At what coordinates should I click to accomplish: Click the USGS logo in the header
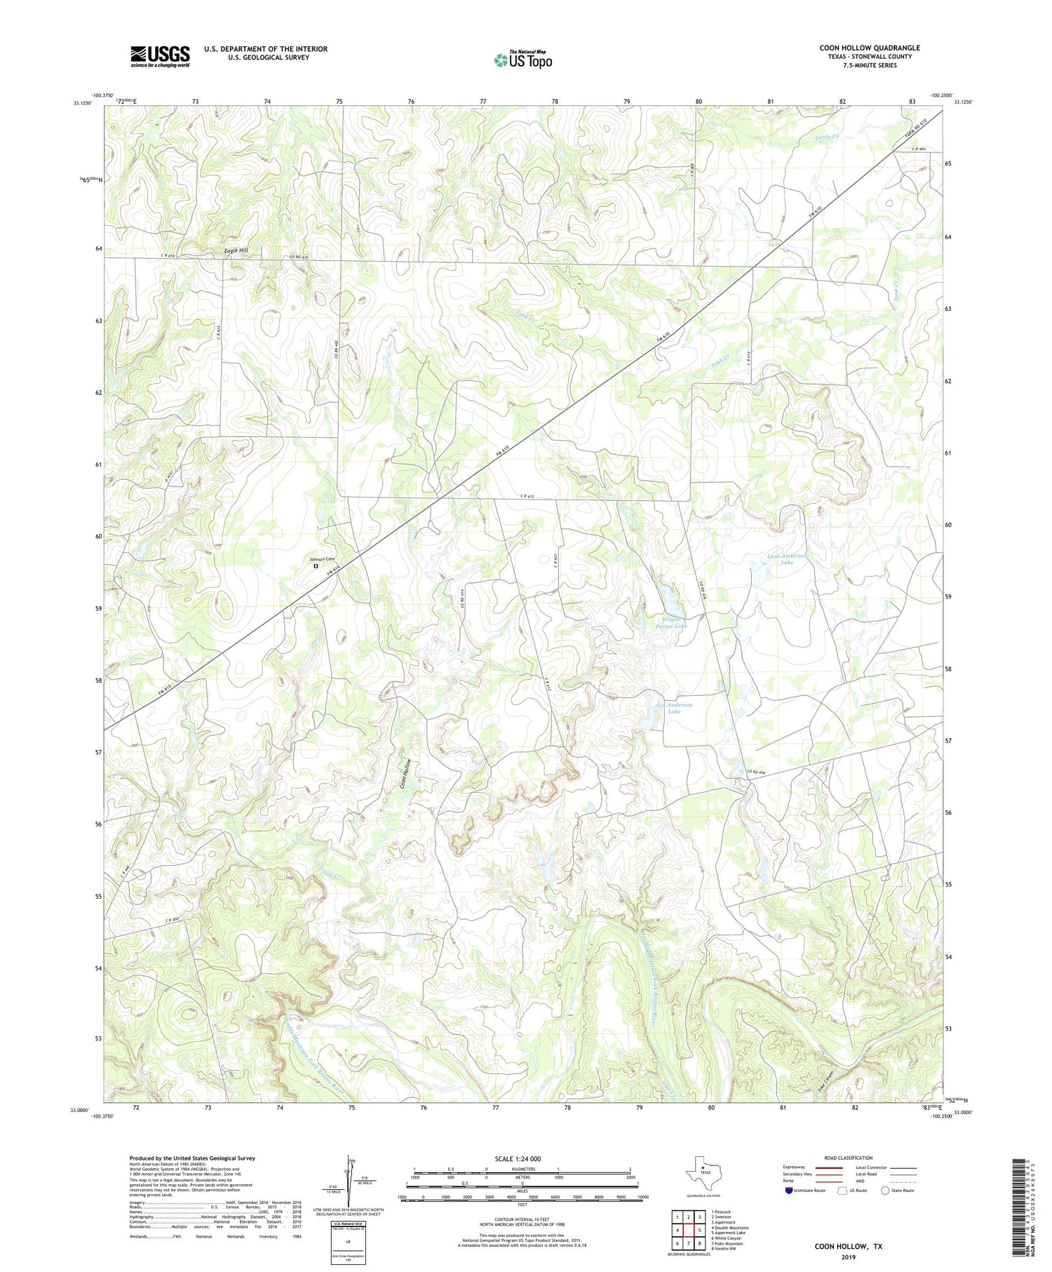(160, 56)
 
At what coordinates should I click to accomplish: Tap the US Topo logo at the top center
(523, 60)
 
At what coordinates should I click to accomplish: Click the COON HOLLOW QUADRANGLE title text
(869, 48)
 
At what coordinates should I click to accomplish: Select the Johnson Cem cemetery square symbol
(316, 565)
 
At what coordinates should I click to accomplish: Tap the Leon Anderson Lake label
(787, 558)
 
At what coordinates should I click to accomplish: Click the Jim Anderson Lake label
(674, 708)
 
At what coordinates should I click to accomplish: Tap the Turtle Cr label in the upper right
(827, 138)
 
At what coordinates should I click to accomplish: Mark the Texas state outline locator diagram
(701, 1170)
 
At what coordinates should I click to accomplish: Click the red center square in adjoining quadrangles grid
(688, 1230)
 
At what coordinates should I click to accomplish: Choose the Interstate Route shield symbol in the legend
(788, 1191)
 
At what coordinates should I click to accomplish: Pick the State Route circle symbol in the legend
(885, 1191)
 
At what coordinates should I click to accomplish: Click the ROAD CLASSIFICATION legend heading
(848, 1158)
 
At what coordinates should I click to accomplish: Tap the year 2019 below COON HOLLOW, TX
(848, 1257)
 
